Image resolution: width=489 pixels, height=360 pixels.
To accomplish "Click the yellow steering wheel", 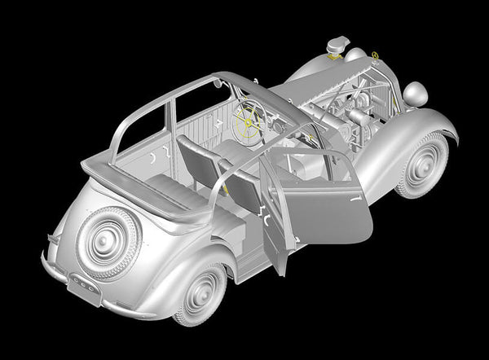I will [249, 121].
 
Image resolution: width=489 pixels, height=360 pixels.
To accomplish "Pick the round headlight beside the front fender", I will [415, 94].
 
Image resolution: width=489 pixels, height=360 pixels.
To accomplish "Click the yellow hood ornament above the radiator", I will [374, 55].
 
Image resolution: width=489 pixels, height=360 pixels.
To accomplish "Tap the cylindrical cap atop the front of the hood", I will [336, 45].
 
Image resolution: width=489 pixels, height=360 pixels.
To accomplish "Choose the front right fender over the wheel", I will [407, 134].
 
